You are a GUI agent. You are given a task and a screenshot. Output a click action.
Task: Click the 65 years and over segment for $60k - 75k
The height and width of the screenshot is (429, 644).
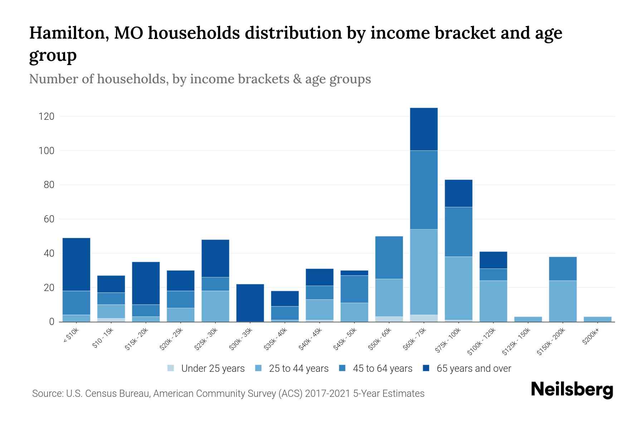point(424,129)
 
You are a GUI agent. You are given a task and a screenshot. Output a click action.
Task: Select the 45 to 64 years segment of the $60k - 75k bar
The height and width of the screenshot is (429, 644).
point(424,189)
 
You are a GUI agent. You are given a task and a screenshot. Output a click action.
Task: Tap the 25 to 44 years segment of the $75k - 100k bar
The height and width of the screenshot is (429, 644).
point(458,288)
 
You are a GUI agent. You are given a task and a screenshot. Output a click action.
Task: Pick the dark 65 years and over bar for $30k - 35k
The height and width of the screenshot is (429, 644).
point(250,303)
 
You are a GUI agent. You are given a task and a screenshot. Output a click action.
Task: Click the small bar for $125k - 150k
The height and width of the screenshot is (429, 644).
point(528,319)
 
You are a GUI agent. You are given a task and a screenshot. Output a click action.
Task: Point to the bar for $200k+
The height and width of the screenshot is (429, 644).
point(597,319)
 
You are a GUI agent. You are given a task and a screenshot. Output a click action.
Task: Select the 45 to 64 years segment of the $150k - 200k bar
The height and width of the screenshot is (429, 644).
point(562,268)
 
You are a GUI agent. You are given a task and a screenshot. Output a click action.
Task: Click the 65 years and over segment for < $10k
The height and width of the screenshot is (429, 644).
point(76,264)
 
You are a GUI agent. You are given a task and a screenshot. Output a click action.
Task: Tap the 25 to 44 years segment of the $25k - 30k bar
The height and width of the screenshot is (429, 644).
point(215,306)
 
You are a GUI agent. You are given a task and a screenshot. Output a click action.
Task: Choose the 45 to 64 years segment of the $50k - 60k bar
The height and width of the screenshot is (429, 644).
point(389,257)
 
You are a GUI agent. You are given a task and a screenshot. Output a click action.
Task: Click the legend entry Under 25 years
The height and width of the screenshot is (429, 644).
point(213,369)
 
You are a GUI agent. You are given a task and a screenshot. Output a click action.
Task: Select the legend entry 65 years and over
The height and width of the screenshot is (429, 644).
point(473,369)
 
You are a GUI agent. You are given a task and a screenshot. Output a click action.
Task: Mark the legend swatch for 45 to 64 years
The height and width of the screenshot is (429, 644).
point(342,368)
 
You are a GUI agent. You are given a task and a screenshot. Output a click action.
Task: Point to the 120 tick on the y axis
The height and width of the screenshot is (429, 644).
point(47,117)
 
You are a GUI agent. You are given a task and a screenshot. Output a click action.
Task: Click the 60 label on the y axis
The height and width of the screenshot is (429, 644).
point(49,219)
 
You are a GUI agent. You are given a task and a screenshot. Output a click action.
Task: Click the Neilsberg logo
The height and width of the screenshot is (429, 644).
point(572,390)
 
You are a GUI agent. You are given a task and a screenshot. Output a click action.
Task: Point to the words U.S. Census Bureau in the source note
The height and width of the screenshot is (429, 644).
point(108,394)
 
